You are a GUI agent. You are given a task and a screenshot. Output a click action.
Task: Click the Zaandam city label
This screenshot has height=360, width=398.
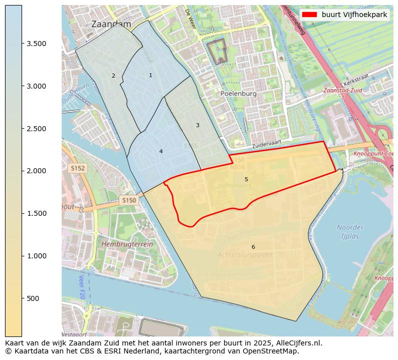[111, 24]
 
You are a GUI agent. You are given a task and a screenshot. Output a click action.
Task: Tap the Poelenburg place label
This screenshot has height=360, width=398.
[238, 94]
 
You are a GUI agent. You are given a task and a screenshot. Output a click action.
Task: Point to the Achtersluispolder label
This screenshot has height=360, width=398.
[245, 255]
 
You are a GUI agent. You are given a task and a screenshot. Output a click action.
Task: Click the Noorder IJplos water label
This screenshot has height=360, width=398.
[350, 232]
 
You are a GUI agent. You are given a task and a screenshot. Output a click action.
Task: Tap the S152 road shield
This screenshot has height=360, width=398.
[78, 169]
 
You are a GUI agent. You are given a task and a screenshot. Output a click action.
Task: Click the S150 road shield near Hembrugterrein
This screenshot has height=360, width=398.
[129, 200]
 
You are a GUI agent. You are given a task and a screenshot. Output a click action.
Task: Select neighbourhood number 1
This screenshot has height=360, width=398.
[150, 75]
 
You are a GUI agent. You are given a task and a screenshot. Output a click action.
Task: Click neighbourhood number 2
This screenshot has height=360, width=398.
[113, 76]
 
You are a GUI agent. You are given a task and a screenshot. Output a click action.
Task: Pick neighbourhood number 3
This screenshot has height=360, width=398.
[197, 125]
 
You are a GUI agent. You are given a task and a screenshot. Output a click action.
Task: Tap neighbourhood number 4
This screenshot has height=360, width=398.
[161, 151]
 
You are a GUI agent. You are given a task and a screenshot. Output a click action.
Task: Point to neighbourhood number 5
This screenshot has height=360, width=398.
[246, 179]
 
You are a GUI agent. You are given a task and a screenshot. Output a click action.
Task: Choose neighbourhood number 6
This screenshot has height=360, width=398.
[253, 247]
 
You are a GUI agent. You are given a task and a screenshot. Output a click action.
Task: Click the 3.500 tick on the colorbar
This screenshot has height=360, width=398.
[37, 44]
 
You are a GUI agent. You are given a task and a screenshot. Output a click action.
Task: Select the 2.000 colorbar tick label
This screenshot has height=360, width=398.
[37, 171]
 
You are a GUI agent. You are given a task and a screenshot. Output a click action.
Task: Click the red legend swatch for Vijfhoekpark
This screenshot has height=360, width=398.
[310, 15]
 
